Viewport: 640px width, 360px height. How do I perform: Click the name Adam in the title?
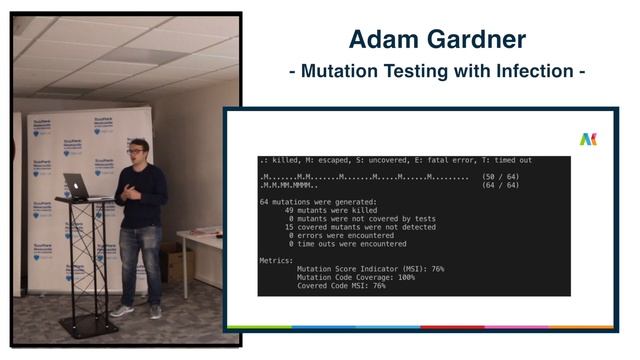(382, 40)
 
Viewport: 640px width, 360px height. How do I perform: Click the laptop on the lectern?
(77, 185)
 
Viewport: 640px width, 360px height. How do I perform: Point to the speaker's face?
(137, 151)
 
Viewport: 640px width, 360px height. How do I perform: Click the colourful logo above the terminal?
(588, 140)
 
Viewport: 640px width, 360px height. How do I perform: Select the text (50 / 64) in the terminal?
(501, 177)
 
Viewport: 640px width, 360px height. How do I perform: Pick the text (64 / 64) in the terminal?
(501, 185)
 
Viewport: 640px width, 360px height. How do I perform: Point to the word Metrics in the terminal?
(277, 260)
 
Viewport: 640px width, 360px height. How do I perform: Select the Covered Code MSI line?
(341, 285)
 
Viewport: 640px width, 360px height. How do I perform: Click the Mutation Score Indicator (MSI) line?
(370, 268)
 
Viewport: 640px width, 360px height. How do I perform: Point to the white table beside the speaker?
(199, 240)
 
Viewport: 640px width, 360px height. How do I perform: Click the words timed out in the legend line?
(510, 160)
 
